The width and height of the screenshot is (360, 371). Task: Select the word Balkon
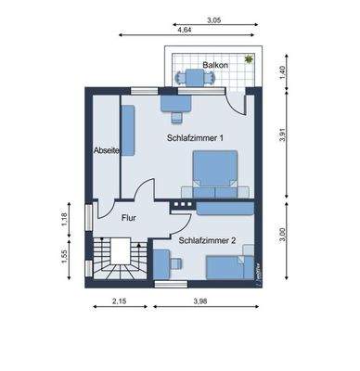(203, 66)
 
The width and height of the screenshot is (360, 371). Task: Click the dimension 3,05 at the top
(213, 19)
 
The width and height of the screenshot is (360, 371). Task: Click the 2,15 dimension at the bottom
(119, 301)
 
